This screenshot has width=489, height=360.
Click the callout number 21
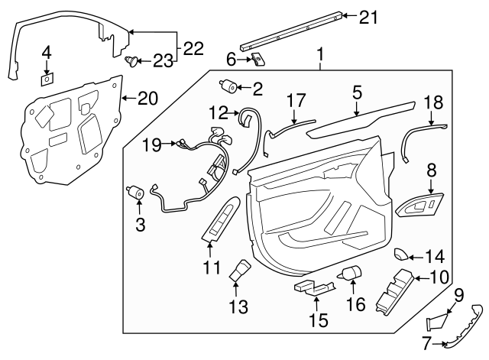[x=370, y=17]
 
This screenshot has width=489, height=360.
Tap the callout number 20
[x=147, y=97]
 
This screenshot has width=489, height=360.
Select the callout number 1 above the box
[x=321, y=54]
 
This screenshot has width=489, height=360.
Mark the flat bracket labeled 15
[x=313, y=287]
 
